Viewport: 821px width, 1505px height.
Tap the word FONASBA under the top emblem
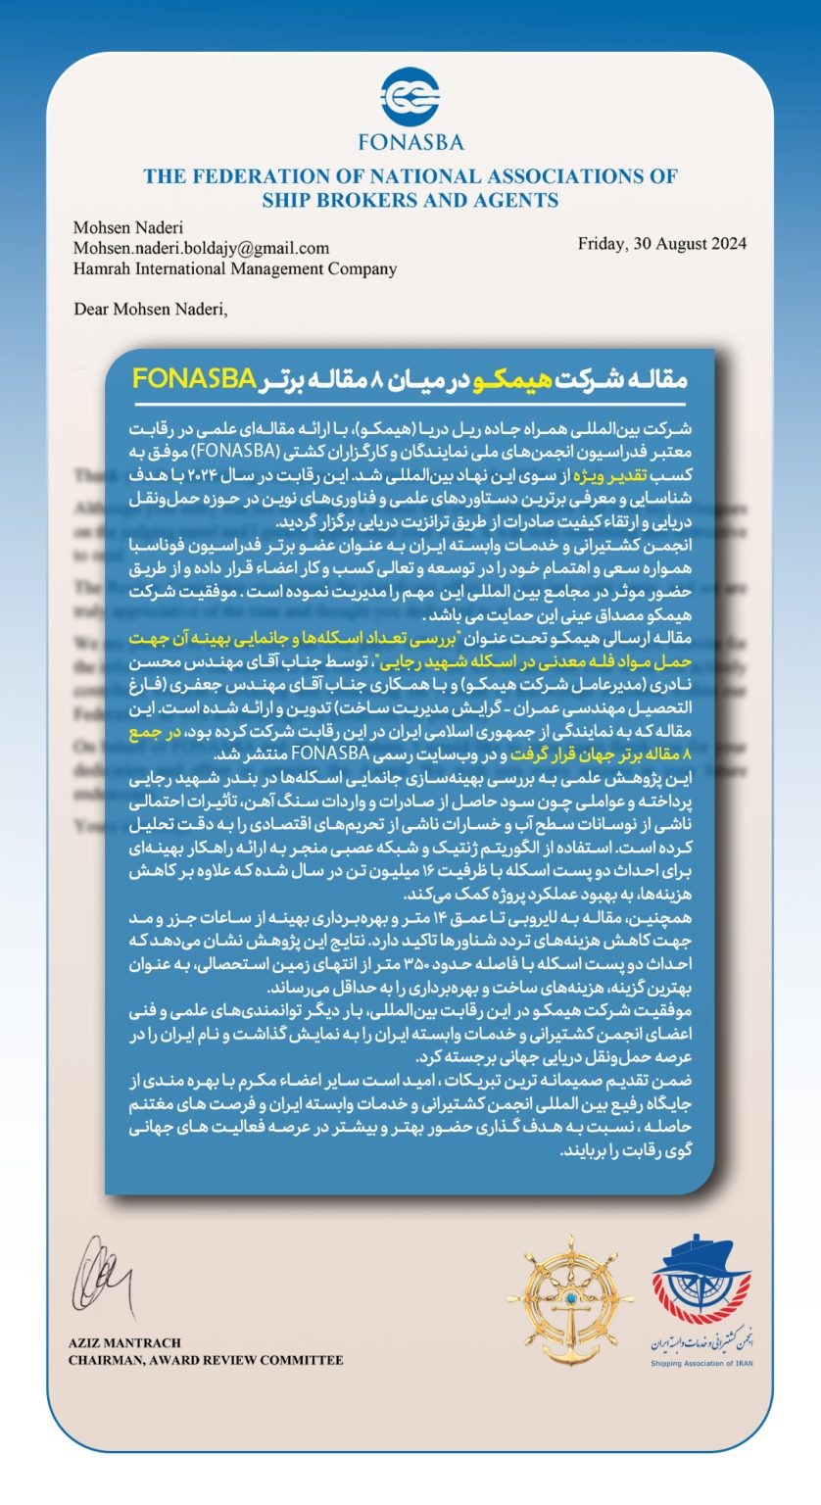coord(410,141)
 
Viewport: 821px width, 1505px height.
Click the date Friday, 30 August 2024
coord(661,243)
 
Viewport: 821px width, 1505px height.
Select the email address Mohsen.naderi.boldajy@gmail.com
coord(201,248)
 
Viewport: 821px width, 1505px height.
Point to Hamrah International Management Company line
coord(234,268)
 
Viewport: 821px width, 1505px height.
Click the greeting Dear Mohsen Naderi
coord(150,310)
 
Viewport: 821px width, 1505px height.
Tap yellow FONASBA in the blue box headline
coord(194,378)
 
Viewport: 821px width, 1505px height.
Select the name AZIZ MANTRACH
coord(124,1342)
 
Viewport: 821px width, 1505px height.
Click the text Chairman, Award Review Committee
coord(206,1360)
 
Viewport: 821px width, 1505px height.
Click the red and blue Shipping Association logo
coord(701,1283)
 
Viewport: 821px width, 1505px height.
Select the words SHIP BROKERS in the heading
coord(322,201)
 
